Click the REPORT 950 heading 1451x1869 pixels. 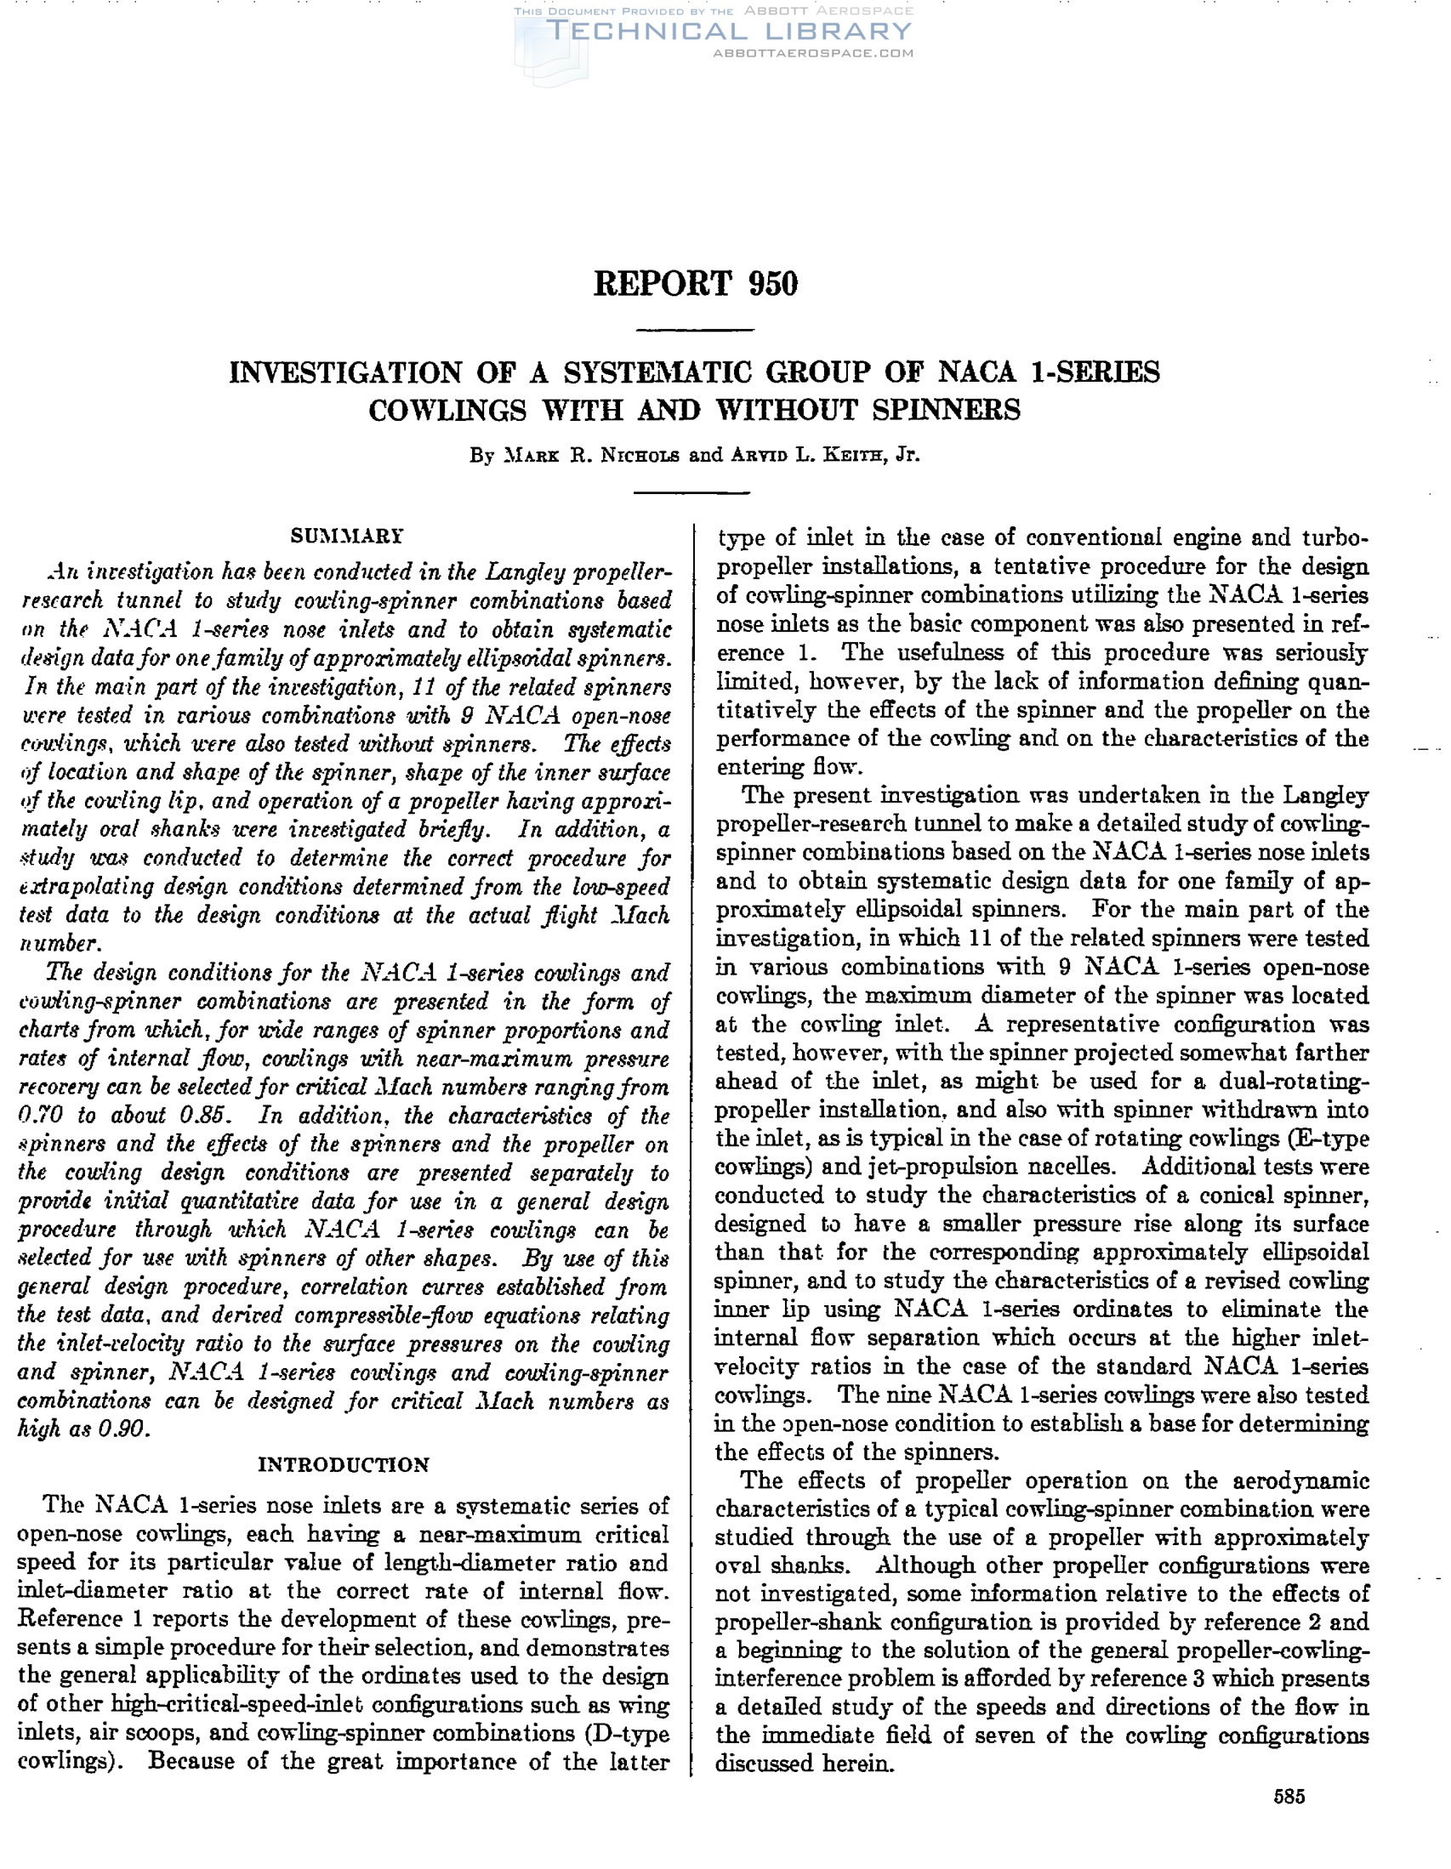click(x=695, y=284)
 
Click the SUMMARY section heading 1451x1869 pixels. click(x=346, y=537)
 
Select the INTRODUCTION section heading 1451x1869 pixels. click(x=344, y=1464)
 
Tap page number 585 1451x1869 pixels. click(x=1289, y=1795)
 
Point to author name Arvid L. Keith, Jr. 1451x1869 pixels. click(x=825, y=455)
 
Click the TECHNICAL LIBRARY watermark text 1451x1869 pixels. click(x=728, y=31)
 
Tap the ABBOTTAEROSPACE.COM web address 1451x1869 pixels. click(x=812, y=53)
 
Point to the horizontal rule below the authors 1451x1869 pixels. click(x=691, y=493)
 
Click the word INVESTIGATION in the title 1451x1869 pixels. click(x=346, y=373)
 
